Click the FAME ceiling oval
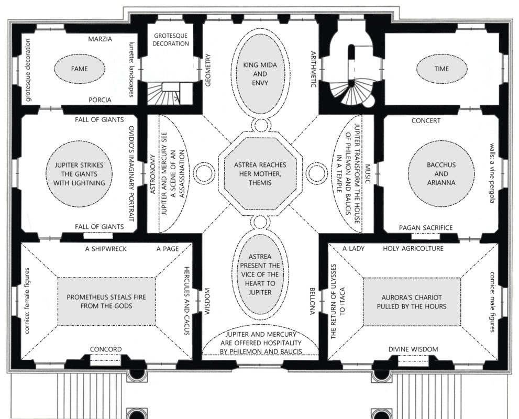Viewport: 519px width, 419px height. pyautogui.click(x=80, y=69)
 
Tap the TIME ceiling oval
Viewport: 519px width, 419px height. pyautogui.click(x=441, y=69)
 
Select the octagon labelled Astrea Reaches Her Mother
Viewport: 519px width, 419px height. pyautogui.click(x=260, y=173)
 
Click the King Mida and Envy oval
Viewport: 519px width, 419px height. pyautogui.click(x=260, y=74)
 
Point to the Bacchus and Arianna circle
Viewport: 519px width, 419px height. pyautogui.click(x=441, y=173)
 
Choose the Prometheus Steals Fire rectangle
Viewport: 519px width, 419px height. pyautogui.click(x=106, y=302)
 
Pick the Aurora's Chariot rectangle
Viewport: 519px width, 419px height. pyautogui.click(x=412, y=302)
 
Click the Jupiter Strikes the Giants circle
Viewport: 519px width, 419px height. pyautogui.click(x=79, y=174)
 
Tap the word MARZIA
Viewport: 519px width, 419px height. pyautogui.click(x=100, y=39)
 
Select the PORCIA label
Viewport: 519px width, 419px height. pyautogui.click(x=100, y=100)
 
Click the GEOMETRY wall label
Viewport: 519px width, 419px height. pyautogui.click(x=208, y=70)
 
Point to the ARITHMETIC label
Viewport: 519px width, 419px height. pyautogui.click(x=314, y=70)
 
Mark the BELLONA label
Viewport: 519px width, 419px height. pyautogui.click(x=312, y=301)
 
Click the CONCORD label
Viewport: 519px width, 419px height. pyautogui.click(x=106, y=349)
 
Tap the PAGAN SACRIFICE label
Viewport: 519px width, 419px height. pyautogui.click(x=426, y=228)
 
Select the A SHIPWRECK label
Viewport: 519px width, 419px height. pyautogui.click(x=106, y=249)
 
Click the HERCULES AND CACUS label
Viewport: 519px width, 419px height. pyautogui.click(x=186, y=301)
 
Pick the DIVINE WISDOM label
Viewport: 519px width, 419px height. pyautogui.click(x=413, y=349)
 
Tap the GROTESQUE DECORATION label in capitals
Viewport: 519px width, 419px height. pyautogui.click(x=171, y=39)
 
